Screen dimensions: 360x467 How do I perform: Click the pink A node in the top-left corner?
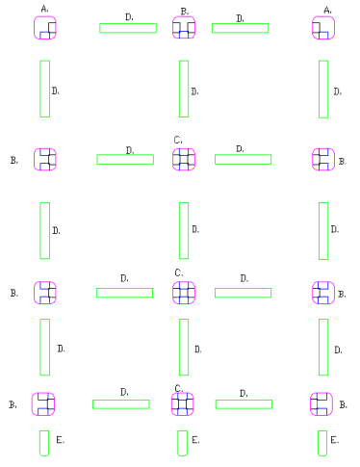45,28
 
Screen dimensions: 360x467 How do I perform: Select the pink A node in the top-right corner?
323,28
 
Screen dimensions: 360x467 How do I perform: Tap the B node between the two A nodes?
184,28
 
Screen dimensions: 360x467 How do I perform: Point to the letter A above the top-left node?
45,9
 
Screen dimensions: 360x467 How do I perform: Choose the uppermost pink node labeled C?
184,160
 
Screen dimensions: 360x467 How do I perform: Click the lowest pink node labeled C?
183,404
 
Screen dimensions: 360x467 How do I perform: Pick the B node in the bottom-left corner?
43,404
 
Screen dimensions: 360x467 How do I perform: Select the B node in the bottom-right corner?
321,404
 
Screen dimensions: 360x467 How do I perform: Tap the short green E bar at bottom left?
44,443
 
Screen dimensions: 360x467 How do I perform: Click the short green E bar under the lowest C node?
183,443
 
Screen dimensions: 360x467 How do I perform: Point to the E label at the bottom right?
335,440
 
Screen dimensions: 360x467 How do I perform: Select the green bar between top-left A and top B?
128,28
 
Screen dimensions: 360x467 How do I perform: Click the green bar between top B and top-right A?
241,28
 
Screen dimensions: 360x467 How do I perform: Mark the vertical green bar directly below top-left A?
45,89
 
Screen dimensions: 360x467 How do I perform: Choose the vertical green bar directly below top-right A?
323,90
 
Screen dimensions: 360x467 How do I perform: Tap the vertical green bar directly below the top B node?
184,89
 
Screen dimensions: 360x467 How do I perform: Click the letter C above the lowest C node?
179,389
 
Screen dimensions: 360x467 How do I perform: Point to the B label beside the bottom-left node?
13,405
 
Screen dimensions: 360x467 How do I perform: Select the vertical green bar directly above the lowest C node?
184,348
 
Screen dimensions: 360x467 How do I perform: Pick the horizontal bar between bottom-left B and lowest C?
121,404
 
